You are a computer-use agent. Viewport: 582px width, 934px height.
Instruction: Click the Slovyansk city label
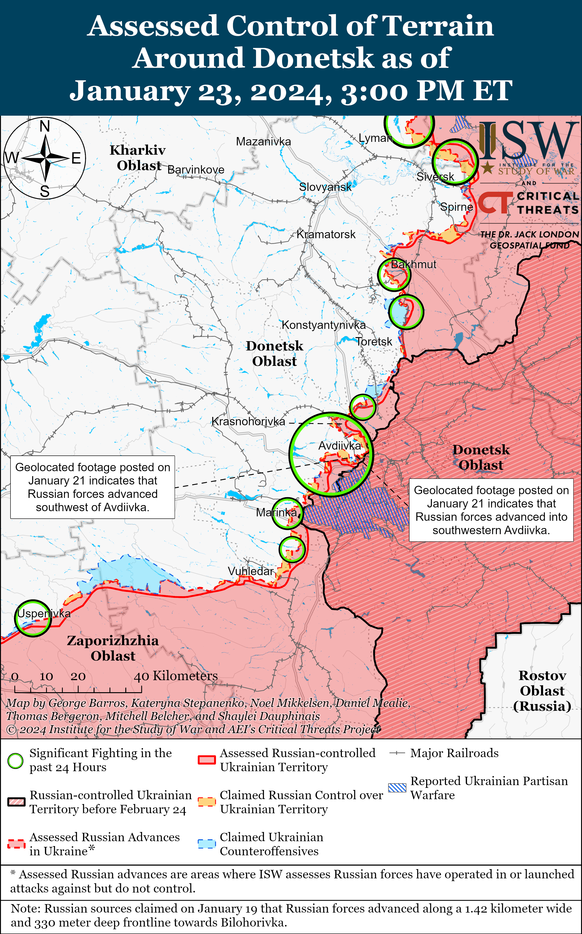pos(325,187)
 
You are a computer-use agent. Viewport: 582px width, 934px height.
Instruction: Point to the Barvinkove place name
pos(196,170)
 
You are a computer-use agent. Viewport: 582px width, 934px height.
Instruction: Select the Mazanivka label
pos(263,142)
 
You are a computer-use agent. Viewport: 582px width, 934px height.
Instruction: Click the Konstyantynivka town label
pos(324,325)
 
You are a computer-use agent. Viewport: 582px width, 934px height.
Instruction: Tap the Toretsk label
pos(374,342)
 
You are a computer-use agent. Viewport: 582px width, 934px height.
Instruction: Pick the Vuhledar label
pos(251,571)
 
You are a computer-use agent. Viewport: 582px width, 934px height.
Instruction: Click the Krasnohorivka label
pos(248,421)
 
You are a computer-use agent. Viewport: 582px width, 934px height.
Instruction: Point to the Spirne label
pos(456,207)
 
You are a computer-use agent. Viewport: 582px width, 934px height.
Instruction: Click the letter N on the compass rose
pos(45,126)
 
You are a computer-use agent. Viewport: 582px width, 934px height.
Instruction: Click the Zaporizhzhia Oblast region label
pos(113,648)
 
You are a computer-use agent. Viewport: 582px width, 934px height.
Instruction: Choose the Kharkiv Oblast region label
pos(138,158)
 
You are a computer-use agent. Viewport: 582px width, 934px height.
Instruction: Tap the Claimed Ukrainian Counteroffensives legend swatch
pos(207,844)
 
